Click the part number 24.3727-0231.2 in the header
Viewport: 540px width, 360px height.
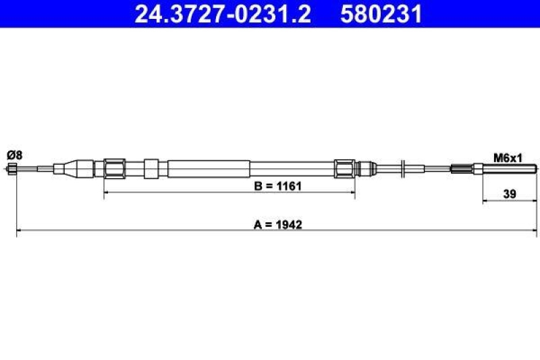coord(223,14)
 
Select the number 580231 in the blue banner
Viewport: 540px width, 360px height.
coord(383,14)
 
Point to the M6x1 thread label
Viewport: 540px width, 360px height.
coord(508,157)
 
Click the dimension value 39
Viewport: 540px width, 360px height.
coord(510,195)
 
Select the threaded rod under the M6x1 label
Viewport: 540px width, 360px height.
coord(509,168)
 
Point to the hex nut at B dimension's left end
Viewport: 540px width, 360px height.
coord(114,168)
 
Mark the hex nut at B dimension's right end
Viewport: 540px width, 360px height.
coord(344,168)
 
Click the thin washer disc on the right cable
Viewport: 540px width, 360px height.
coord(402,168)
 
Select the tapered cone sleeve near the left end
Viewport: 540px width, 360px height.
coord(67,168)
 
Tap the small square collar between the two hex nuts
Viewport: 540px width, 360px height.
coord(151,168)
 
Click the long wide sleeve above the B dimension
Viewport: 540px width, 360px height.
coord(209,168)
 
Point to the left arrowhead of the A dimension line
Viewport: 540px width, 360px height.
coord(19,231)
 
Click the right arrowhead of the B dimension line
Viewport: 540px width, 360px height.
coord(352,192)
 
